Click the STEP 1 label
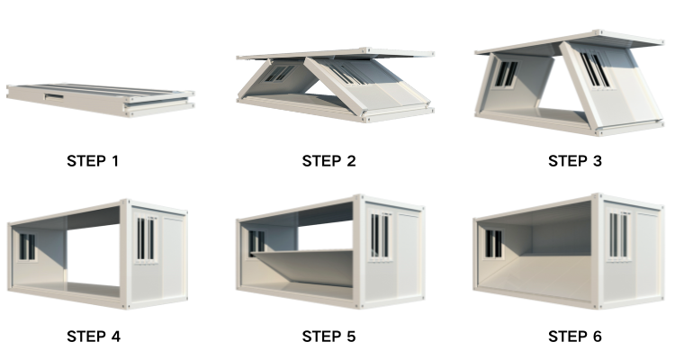pyautogui.click(x=93, y=162)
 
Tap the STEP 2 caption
pyautogui.click(x=328, y=162)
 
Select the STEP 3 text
pyautogui.click(x=575, y=162)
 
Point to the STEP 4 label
pyautogui.click(x=93, y=337)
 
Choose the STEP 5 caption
pyautogui.click(x=328, y=337)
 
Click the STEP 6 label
pyautogui.click(x=575, y=337)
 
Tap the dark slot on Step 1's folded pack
pyautogui.click(x=50, y=92)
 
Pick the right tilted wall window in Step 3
pyautogui.click(x=594, y=70)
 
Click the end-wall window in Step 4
pyautogui.click(x=146, y=240)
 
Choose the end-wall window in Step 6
pyautogui.click(x=617, y=236)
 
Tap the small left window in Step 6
pyautogui.click(x=493, y=243)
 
